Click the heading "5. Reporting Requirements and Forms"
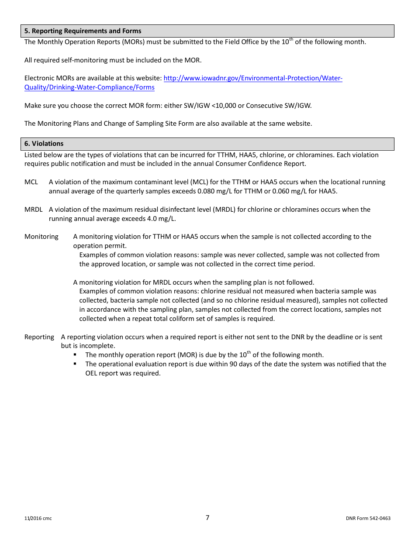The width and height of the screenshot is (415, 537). [83, 31]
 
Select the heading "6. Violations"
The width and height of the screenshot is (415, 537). [44, 144]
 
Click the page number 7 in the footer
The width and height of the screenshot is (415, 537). [207, 518]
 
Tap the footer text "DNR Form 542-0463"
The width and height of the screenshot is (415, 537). [368, 519]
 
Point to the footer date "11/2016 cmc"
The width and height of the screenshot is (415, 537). [38, 519]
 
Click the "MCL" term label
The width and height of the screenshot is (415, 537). [31, 182]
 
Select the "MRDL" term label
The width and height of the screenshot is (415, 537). [33, 210]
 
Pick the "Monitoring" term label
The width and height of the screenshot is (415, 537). [41, 237]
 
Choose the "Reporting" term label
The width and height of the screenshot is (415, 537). [39, 337]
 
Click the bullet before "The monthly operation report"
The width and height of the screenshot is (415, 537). [76, 355]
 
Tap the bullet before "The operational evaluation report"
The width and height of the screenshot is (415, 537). [76, 364]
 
